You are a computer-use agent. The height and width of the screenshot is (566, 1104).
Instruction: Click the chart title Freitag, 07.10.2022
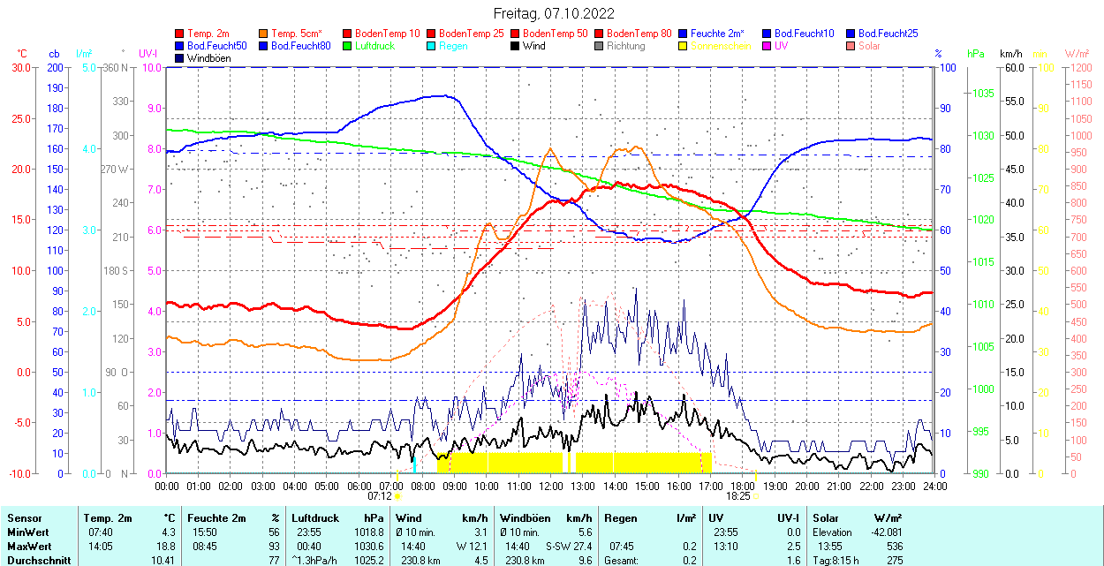(553, 13)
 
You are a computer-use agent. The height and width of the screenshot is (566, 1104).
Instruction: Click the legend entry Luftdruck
(374, 46)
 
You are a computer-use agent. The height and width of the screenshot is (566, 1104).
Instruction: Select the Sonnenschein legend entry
(721, 46)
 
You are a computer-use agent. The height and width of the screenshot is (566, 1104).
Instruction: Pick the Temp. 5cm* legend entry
(297, 34)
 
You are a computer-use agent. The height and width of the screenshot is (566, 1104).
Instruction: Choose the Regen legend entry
(453, 46)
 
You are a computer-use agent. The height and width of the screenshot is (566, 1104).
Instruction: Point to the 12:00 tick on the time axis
(550, 486)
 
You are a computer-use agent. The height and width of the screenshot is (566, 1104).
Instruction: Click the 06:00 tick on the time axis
(359, 486)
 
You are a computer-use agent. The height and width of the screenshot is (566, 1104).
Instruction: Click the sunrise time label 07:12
(380, 496)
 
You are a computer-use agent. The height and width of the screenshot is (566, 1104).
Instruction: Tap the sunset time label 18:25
(738, 496)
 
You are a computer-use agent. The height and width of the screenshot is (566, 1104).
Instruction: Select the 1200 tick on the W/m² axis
(1080, 67)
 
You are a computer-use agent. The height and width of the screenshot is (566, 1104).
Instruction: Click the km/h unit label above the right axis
(1011, 54)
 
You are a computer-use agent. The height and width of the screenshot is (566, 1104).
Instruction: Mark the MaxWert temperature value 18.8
(167, 546)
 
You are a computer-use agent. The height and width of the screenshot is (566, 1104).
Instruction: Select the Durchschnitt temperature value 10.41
(163, 560)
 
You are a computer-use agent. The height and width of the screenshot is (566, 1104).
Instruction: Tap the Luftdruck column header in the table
(314, 518)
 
